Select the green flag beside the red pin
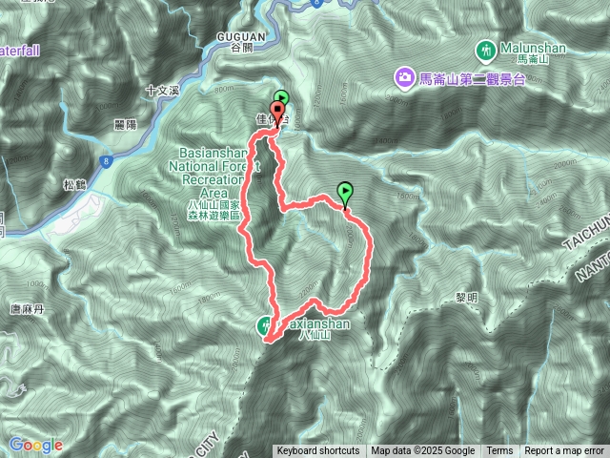coord(282,97)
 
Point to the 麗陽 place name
coord(125,124)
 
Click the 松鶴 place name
coord(74,185)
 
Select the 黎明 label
coord(466,270)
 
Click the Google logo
coord(35,445)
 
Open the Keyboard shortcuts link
coord(317,451)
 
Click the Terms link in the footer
coord(498,451)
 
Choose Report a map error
coord(564,451)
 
